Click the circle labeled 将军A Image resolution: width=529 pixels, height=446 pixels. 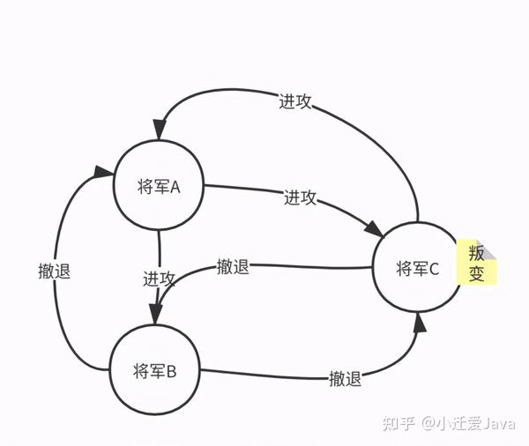(159, 187)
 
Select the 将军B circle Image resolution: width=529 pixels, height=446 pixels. (155, 370)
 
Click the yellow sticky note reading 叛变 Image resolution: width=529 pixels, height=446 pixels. (476, 262)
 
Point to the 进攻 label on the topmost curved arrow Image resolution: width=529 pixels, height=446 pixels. (294, 101)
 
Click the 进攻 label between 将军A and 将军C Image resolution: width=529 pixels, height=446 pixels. (300, 197)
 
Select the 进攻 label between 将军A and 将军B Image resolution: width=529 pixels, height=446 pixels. (160, 279)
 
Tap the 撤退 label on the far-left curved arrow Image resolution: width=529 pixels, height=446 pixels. (55, 271)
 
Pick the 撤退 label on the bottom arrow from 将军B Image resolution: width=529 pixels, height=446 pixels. (345, 379)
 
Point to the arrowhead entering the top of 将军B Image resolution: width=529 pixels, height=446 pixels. (156, 316)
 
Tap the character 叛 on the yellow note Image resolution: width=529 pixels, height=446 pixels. (476, 251)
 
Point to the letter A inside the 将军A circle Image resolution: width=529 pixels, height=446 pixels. (175, 187)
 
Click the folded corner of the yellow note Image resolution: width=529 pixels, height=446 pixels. (490, 252)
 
